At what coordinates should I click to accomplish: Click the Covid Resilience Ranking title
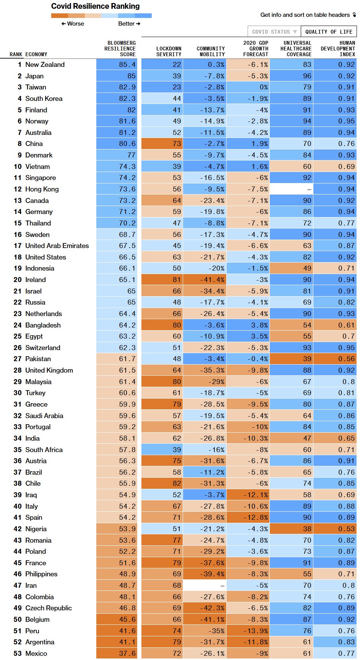95,6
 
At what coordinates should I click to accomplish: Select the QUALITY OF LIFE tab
329,32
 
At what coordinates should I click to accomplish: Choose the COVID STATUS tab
274,32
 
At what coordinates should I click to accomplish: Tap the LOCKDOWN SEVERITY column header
169,52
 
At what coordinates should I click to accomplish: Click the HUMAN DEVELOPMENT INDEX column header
338,49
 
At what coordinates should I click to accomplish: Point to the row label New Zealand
45,65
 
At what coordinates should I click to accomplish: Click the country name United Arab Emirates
57,246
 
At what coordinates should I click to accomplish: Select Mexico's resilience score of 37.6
127,653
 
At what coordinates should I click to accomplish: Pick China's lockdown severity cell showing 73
177,144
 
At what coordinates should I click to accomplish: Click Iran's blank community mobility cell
204,585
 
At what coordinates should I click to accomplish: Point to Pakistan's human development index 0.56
346,359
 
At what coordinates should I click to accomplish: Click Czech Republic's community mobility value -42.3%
212,608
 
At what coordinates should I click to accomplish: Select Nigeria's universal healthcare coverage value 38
307,529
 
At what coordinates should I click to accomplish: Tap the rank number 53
18,653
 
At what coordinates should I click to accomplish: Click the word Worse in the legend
75,24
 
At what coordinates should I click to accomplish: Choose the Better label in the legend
126,24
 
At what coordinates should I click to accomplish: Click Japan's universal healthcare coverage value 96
307,76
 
